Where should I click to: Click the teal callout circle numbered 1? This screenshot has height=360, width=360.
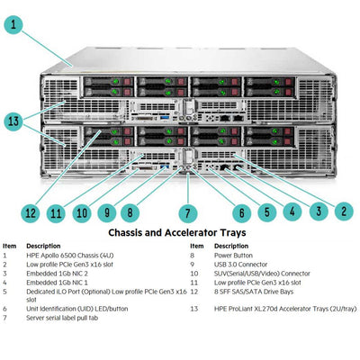point(13,25)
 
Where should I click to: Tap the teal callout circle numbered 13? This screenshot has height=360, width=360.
point(13,120)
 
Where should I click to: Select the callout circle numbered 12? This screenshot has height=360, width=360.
point(31,213)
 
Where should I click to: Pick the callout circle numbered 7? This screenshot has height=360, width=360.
point(187,213)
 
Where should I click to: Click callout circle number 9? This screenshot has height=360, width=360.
point(106,213)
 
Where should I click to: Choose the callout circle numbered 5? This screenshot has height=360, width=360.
point(266,213)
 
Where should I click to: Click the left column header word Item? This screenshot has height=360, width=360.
point(9,246)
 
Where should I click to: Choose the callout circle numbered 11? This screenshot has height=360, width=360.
point(57,213)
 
